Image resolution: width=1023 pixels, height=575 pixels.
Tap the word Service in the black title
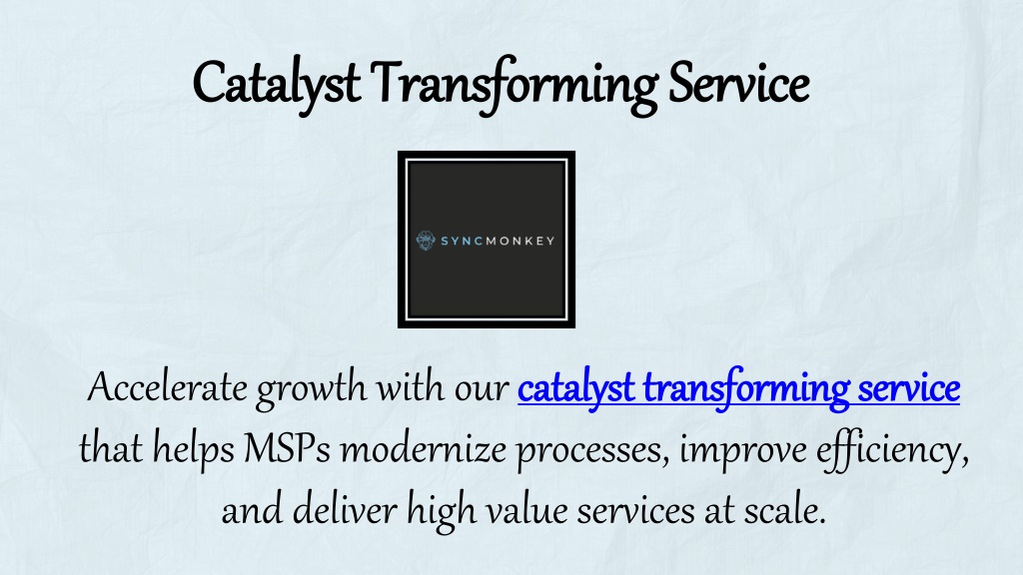click(x=738, y=83)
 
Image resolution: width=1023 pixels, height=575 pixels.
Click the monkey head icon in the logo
click(x=426, y=241)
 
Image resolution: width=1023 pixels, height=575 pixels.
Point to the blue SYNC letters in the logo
click(x=462, y=242)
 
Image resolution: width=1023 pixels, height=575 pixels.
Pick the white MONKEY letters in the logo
click(x=519, y=242)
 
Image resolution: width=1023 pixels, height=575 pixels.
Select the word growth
click(x=312, y=390)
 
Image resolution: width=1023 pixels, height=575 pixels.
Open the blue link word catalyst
click(x=576, y=389)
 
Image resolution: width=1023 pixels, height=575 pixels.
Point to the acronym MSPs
click(x=287, y=448)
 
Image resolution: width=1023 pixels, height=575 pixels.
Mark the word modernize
click(x=424, y=448)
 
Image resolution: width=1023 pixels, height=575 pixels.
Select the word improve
click(x=743, y=451)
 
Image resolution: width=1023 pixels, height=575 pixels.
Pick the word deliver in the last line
click(x=345, y=509)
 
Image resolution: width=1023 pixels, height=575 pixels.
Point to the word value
click(x=526, y=509)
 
